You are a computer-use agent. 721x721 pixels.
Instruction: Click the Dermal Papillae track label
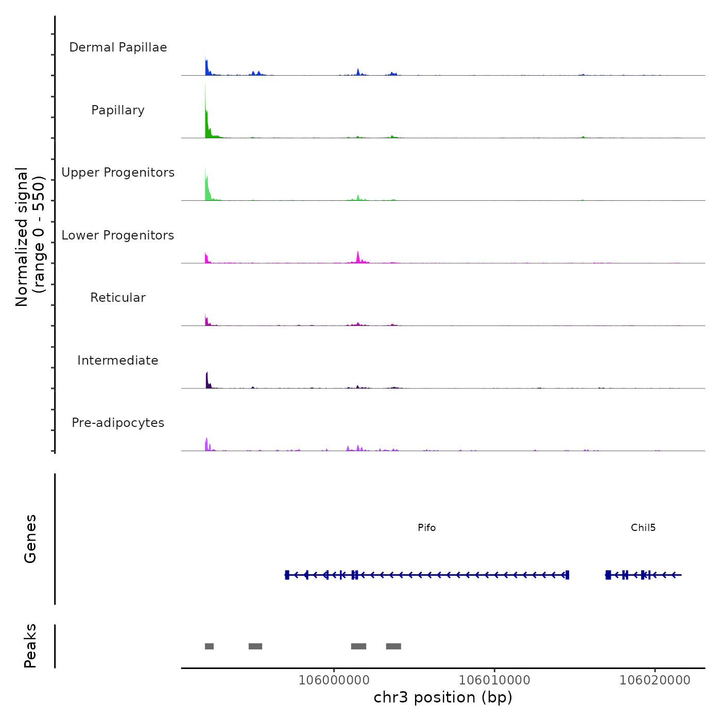coord(118,47)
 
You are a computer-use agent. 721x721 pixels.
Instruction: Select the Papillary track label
coord(118,110)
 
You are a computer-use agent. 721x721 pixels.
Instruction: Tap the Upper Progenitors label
coord(118,173)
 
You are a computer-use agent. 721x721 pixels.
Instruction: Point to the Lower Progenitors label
coord(118,235)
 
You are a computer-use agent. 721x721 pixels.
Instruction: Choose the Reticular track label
coord(118,298)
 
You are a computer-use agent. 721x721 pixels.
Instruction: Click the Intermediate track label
coord(118,360)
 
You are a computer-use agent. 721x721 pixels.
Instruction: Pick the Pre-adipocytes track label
coord(118,423)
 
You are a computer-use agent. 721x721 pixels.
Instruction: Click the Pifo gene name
coord(426,528)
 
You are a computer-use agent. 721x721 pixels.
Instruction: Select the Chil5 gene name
coord(643,528)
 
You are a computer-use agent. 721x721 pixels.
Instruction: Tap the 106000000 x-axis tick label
coord(334,680)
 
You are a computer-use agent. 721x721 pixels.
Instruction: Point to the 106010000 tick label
coord(494,680)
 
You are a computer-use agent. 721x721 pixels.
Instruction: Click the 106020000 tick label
coord(655,680)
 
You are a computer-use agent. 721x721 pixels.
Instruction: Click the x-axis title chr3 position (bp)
coord(443,697)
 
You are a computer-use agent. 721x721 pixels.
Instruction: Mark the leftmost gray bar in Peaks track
coord(209,646)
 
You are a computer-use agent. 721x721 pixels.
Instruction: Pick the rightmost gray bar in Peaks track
coord(393,646)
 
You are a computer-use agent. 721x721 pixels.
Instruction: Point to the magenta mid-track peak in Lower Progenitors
coord(358,257)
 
